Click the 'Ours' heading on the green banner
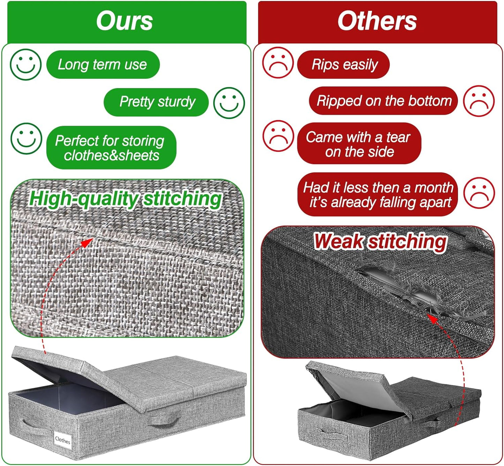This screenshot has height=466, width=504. pyautogui.click(x=125, y=21)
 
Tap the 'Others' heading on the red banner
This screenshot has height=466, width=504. pyautogui.click(x=377, y=21)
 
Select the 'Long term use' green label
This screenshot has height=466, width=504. pyautogui.click(x=103, y=65)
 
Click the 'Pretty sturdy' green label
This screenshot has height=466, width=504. pyautogui.click(x=156, y=102)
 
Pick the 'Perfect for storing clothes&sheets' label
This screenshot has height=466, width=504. pyautogui.click(x=111, y=147)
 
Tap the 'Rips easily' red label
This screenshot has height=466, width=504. pyautogui.click(x=343, y=65)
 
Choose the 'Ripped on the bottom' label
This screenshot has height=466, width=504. pyautogui.click(x=383, y=101)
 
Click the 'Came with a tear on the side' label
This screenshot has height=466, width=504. pyautogui.click(x=359, y=143)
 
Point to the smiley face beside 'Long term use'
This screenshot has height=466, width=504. pyautogui.click(x=25, y=65)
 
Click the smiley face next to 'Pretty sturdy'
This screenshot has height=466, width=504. pyautogui.click(x=229, y=103)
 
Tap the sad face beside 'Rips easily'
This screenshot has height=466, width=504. pyautogui.click(x=278, y=63)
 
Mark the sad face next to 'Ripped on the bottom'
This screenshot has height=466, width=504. pyautogui.click(x=479, y=101)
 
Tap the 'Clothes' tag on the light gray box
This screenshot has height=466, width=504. pyautogui.click(x=62, y=440)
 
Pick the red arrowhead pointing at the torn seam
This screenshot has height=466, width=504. pyautogui.click(x=432, y=318)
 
